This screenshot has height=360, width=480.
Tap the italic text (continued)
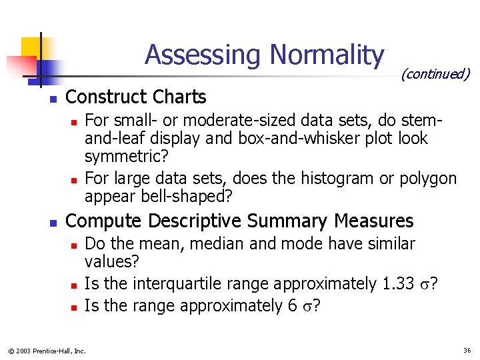(435, 73)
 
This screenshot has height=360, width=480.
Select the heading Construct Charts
(136, 97)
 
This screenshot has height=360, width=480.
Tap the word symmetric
(127, 157)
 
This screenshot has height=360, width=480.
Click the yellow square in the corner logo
(31, 47)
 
